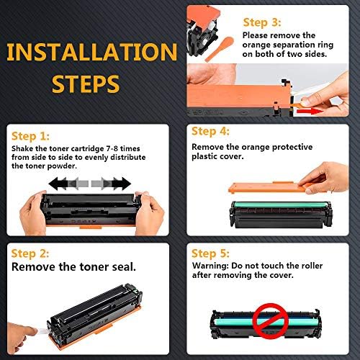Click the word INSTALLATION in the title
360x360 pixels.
[92, 52]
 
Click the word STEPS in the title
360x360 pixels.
[86, 84]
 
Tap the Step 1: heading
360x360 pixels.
[30, 137]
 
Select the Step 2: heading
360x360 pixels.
[30, 254]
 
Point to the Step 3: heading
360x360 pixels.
[262, 23]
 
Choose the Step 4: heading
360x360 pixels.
[210, 132]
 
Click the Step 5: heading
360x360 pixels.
[210, 254]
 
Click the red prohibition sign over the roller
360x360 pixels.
[271, 320]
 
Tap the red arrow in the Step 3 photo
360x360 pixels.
[310, 111]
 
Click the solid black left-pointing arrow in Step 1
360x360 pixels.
[58, 184]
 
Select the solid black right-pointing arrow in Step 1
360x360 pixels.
[122, 184]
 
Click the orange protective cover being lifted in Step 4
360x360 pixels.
[268, 187]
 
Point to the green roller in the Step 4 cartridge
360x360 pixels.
[281, 205]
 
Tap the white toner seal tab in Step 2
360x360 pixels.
[43, 332]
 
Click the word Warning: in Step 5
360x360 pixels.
[210, 266]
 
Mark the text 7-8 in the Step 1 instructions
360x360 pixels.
[112, 149]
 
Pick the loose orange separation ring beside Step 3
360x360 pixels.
[220, 49]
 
